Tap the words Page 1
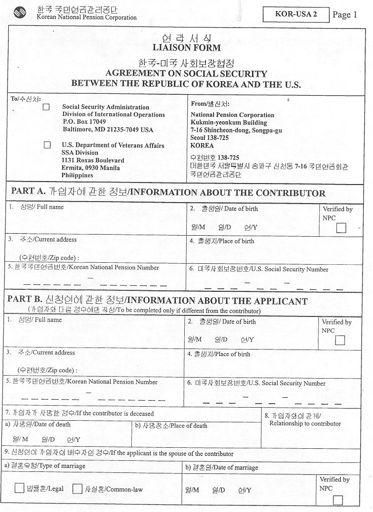344,15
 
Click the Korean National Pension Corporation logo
21,13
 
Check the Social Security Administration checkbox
47,107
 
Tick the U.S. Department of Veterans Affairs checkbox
47,145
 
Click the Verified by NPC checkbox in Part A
341,228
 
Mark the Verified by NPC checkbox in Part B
340,340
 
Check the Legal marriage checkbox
20,488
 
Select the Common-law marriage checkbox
77,488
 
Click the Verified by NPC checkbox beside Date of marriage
338,499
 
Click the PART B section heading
157,301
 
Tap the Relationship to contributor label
305,424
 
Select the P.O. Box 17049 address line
84,122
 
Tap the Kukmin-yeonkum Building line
228,122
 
